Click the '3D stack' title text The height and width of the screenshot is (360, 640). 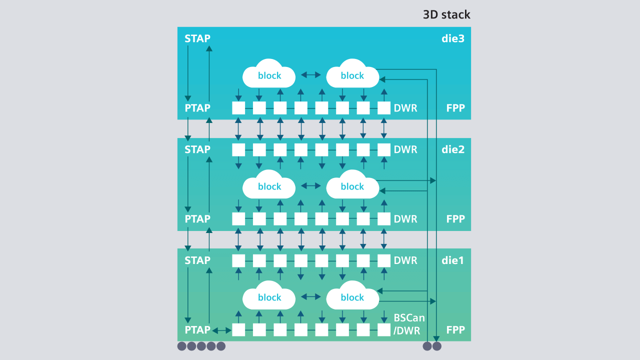pos(446,14)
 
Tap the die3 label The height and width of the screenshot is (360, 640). pos(453,38)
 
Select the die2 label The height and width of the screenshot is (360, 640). pos(453,149)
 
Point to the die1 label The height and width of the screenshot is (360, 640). pos(453,260)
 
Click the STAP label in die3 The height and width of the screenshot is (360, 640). pos(197,38)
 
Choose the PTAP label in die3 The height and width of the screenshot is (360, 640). pos(197,108)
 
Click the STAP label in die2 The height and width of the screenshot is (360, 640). pos(197,149)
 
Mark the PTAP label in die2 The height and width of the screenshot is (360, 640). pos(197,219)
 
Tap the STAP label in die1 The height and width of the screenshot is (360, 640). pos(197,260)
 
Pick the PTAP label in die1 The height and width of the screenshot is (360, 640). pos(197,330)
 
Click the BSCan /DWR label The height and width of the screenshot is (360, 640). pos(409,324)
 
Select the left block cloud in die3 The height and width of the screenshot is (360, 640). pos(269,74)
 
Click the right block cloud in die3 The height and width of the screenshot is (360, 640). pos(352,74)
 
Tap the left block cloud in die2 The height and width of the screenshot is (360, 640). pos(269,185)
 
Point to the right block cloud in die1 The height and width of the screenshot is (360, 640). pos(352,296)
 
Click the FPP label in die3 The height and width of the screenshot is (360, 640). pos(455,108)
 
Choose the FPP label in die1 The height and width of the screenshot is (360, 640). pos(455,330)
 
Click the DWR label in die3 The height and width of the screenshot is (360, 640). pos(405,108)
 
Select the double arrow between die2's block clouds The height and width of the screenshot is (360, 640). pos(311,185)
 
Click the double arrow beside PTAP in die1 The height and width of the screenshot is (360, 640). pos(221,330)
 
